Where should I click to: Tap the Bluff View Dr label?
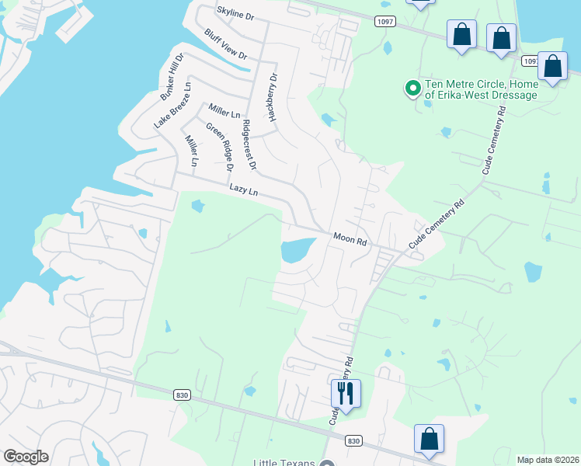coord(225,44)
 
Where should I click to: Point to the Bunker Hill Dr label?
coord(171,76)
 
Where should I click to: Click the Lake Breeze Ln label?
coord(172,104)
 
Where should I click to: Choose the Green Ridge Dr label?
coord(220,146)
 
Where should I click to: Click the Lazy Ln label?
coord(243,189)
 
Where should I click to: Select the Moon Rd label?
coord(350,239)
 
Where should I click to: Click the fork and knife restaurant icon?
coord(346,393)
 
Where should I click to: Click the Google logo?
coord(26,457)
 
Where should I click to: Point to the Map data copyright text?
coord(548,460)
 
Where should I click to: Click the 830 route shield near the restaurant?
coord(353,440)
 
